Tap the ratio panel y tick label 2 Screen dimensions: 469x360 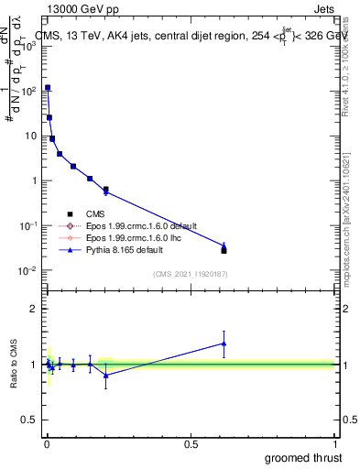(x=33, y=309)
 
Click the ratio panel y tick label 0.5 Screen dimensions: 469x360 (x=29, y=420)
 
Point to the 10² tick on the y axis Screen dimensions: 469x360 (x=27, y=91)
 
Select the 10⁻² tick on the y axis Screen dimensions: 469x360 (x=27, y=270)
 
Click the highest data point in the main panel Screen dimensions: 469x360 (x=48, y=88)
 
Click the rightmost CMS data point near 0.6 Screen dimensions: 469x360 (x=224, y=249)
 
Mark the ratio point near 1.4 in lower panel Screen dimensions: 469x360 (x=224, y=344)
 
